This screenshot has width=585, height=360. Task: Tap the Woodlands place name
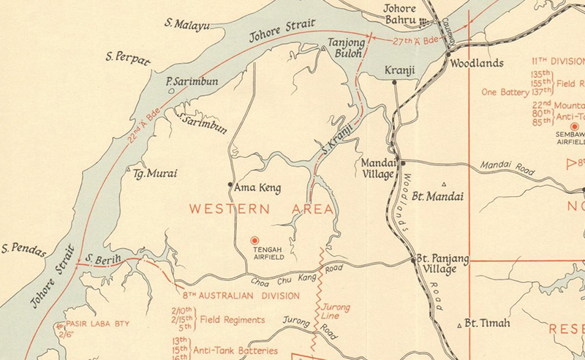[476, 64]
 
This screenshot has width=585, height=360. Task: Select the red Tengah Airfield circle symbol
[254, 240]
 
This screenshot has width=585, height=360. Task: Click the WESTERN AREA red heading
[261, 209]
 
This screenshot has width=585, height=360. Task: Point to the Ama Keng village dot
[231, 184]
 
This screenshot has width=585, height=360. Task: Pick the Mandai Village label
[377, 169]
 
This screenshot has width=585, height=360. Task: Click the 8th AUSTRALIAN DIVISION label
[233, 296]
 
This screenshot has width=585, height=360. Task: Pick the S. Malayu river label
[187, 26]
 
